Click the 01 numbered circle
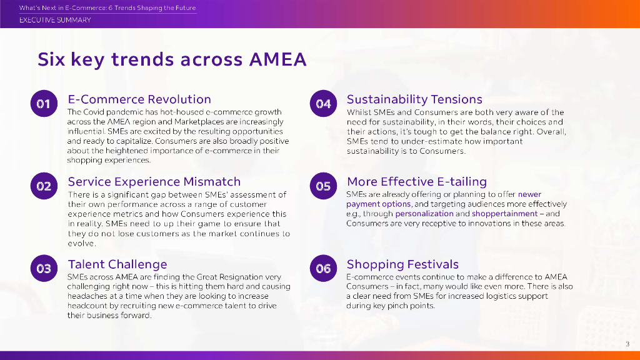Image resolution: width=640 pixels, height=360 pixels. click(x=44, y=104)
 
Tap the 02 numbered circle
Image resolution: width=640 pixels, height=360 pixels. click(x=44, y=186)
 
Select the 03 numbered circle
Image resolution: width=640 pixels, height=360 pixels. click(x=44, y=269)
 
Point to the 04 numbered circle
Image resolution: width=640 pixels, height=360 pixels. click(x=323, y=104)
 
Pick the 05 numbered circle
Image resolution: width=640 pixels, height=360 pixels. click(x=323, y=186)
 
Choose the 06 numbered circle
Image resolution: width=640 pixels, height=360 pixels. click(x=323, y=269)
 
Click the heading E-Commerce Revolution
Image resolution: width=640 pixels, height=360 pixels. click(x=139, y=99)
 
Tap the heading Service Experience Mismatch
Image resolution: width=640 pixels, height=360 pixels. click(x=154, y=182)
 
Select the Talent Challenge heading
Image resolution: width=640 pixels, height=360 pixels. click(x=117, y=264)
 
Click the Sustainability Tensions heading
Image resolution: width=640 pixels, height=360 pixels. click(x=414, y=99)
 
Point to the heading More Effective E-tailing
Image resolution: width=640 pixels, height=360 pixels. click(x=417, y=182)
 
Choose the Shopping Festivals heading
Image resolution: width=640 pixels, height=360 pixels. click(x=403, y=264)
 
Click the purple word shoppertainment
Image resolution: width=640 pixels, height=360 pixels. click(x=504, y=214)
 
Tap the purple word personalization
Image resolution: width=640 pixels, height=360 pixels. click(x=424, y=214)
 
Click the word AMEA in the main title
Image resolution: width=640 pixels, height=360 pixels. click(x=277, y=59)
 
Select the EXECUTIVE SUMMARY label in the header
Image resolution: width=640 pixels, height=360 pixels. click(x=55, y=20)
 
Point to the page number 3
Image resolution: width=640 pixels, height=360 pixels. click(x=627, y=344)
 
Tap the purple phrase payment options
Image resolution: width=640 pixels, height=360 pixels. click(x=378, y=204)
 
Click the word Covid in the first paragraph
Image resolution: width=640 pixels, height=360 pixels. click(x=94, y=112)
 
